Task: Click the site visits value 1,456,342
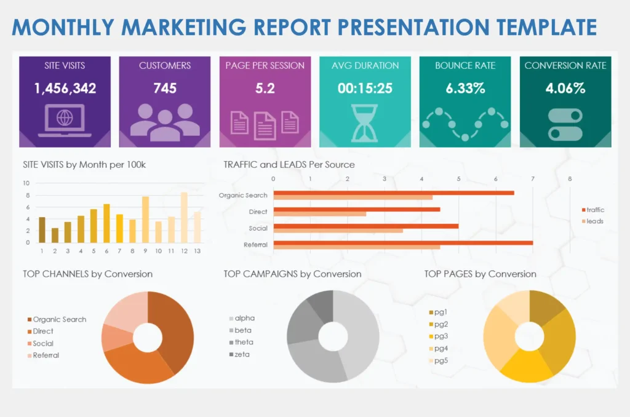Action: coord(65,89)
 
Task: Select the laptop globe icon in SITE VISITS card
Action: coord(65,121)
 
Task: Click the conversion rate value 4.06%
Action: coord(565,89)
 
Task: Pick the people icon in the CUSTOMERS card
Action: coord(165,121)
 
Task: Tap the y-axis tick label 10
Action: coord(26,183)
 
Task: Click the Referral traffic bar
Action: coord(403,243)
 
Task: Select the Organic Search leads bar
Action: coord(353,197)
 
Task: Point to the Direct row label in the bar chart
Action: coord(258,212)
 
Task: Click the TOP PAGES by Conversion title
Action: coord(480,274)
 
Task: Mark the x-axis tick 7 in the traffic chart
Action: coord(533,179)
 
